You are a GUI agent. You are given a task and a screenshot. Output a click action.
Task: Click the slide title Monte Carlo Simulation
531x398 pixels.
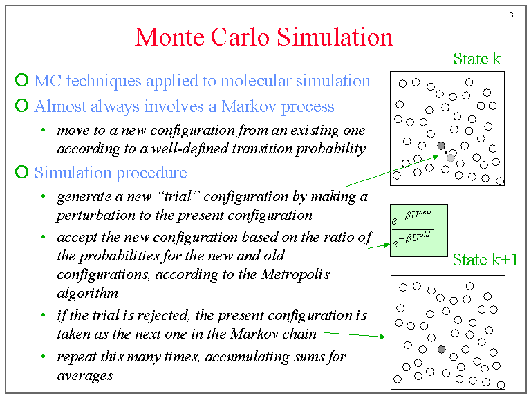point(263,36)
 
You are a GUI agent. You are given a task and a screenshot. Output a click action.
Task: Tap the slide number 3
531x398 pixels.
point(511,16)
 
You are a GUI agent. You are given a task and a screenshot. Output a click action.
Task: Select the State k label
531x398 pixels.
point(477,59)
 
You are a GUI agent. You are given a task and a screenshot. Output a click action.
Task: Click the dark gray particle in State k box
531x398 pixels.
point(441,146)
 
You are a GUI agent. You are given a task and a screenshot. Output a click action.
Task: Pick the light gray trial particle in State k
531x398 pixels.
point(451,158)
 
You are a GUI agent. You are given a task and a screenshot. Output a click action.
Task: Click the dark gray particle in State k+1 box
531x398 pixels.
point(442,350)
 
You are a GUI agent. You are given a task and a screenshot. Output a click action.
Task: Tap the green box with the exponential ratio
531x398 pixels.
point(418,230)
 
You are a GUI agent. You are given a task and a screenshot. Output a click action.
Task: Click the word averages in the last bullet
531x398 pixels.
point(85,375)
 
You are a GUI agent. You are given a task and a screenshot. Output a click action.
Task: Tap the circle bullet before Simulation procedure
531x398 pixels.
point(22,171)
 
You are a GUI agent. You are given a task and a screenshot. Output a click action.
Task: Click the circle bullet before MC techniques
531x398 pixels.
point(22,81)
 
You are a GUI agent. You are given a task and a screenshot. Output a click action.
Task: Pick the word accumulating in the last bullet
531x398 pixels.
point(231,357)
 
